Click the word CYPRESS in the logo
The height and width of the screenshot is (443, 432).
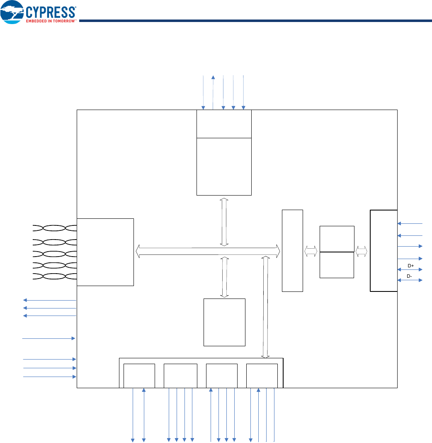[51, 12]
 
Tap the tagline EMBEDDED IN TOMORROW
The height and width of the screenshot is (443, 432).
[51, 21]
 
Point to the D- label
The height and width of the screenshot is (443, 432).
[409, 276]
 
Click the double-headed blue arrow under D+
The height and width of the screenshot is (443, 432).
[410, 270]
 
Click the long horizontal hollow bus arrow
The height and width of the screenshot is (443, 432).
[208, 250]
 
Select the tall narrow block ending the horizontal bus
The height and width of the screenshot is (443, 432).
[292, 250]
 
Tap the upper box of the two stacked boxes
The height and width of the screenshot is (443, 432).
[337, 239]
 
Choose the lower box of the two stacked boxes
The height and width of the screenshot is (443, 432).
[337, 265]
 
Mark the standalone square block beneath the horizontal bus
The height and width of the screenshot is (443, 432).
[224, 322]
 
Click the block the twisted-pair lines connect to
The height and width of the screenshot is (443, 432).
[105, 252]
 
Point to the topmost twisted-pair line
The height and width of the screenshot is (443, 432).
[54, 228]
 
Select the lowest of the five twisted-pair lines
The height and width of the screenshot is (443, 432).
[54, 276]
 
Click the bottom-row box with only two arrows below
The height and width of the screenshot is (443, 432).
[139, 376]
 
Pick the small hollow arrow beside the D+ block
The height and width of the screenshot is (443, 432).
[362, 251]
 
